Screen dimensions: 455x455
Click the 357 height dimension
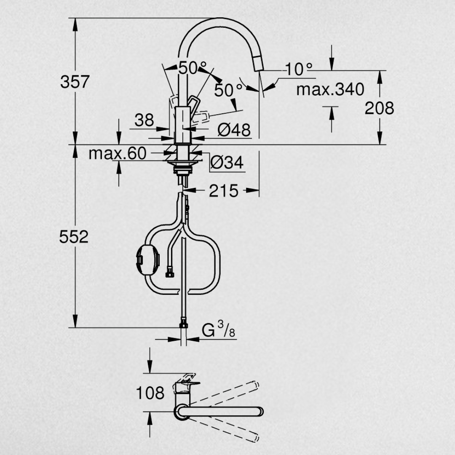pyautogui.click(x=75, y=82)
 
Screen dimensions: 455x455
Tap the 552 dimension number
pyautogui.click(x=74, y=237)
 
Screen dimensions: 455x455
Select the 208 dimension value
pyautogui.click(x=379, y=108)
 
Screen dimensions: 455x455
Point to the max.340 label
pyautogui.click(x=330, y=89)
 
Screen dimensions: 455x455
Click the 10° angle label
pyautogui.click(x=299, y=70)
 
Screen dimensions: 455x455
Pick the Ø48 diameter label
pyautogui.click(x=234, y=130)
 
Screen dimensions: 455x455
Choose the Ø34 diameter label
pyautogui.click(x=227, y=162)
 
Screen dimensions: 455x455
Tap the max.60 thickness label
pyautogui.click(x=117, y=153)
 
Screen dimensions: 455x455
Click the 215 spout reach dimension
pyautogui.click(x=223, y=191)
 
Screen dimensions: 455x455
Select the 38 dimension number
pyautogui.click(x=144, y=120)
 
